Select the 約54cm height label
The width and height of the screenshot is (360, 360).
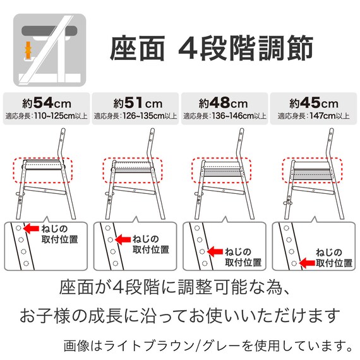[x=45, y=102]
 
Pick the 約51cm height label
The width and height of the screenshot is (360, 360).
[x=135, y=102]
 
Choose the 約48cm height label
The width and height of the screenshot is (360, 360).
[x=224, y=102]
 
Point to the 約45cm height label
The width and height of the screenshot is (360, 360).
[x=313, y=102]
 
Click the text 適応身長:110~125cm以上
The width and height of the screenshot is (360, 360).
[x=45, y=116]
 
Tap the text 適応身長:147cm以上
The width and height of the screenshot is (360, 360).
[x=313, y=116]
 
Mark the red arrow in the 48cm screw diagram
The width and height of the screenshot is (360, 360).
[x=215, y=251]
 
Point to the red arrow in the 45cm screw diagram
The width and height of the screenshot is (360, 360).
[x=307, y=260]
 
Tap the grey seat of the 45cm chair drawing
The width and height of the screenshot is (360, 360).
[x=312, y=172]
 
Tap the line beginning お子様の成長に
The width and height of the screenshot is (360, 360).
[x=180, y=315]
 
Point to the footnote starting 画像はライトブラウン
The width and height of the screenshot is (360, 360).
[x=208, y=345]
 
